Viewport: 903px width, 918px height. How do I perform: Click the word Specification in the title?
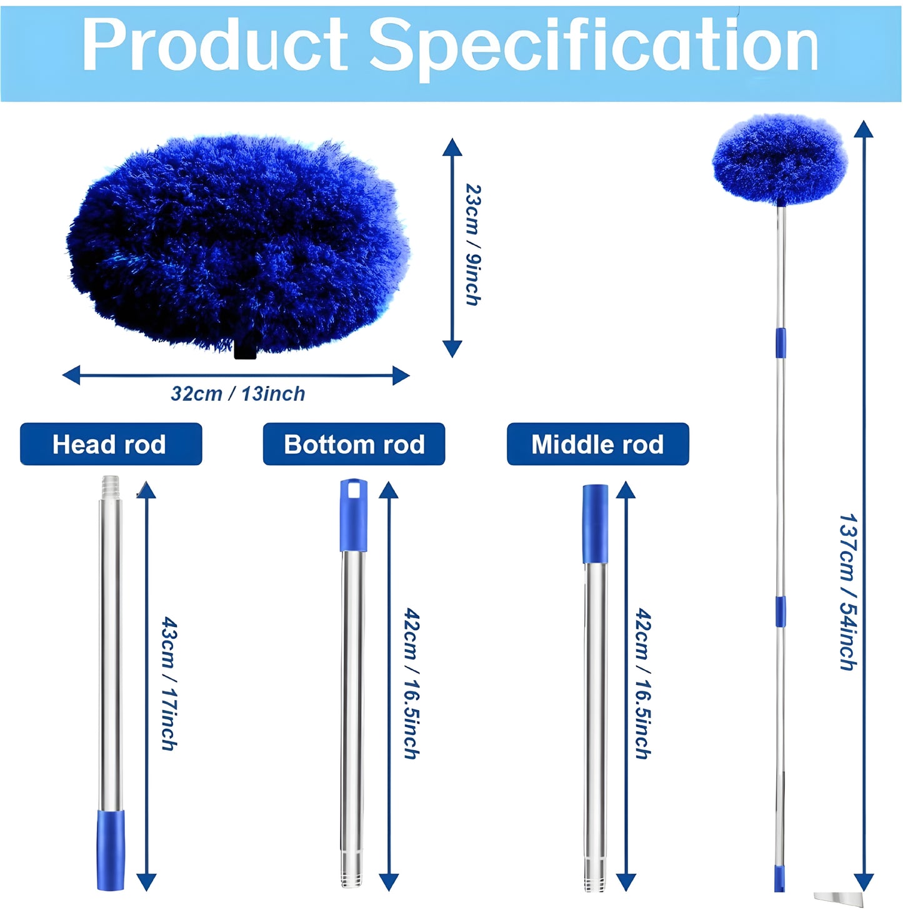tap(594, 45)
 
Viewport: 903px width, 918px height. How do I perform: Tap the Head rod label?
tap(111, 444)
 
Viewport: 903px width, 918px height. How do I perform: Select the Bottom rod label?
tap(354, 444)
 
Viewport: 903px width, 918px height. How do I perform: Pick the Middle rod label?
tap(597, 444)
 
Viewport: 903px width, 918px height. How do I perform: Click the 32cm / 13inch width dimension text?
tap(238, 394)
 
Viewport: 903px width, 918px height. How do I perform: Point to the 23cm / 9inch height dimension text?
tap(473, 244)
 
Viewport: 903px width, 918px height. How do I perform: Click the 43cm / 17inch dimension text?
tap(169, 683)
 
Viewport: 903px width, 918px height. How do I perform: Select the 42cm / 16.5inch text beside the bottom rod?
tap(411, 683)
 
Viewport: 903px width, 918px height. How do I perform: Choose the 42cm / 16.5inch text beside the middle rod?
tap(643, 683)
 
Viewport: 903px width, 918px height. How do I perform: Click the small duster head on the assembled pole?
tap(780, 159)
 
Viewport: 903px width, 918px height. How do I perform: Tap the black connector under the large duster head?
tap(246, 351)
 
